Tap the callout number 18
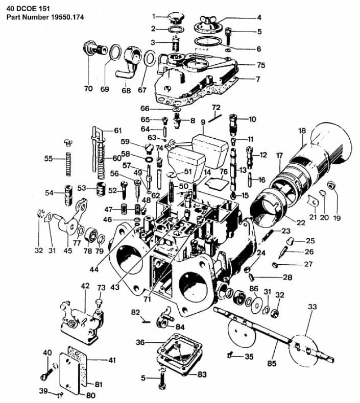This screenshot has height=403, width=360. [301, 131]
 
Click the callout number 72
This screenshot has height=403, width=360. [215, 108]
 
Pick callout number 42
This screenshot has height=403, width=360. [85, 286]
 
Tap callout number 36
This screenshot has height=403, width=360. [140, 341]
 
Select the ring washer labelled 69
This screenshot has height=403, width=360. [115, 53]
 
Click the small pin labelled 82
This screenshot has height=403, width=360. [146, 321]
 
